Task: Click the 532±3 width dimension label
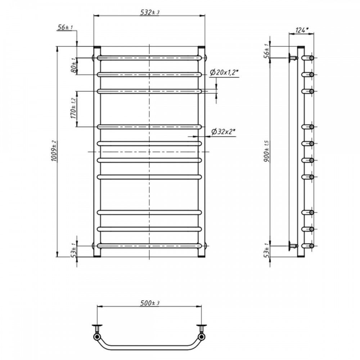click(150, 12)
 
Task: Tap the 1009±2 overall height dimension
click(54, 151)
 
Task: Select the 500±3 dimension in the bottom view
click(150, 303)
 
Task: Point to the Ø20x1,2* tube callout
click(224, 73)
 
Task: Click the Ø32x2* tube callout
click(224, 131)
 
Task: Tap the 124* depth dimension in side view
click(302, 30)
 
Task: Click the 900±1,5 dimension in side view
click(266, 151)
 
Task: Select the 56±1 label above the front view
click(65, 27)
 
